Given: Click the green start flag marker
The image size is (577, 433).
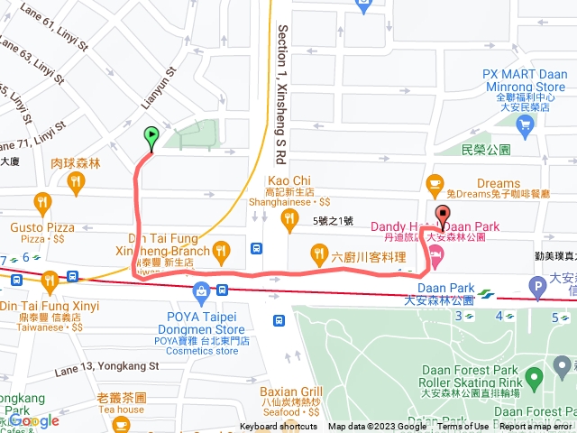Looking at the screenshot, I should pos(151,137).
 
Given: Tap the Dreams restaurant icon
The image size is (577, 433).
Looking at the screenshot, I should pos(435,181).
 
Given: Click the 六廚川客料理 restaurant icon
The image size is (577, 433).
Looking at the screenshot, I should pos(318,252).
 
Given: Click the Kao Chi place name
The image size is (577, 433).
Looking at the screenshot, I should pos(289,180).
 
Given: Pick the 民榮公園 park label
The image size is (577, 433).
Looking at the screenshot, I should pos(485,149).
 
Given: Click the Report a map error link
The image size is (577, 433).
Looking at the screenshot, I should pos(537,427).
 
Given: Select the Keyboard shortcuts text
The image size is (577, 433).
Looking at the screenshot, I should pos(279,427).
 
